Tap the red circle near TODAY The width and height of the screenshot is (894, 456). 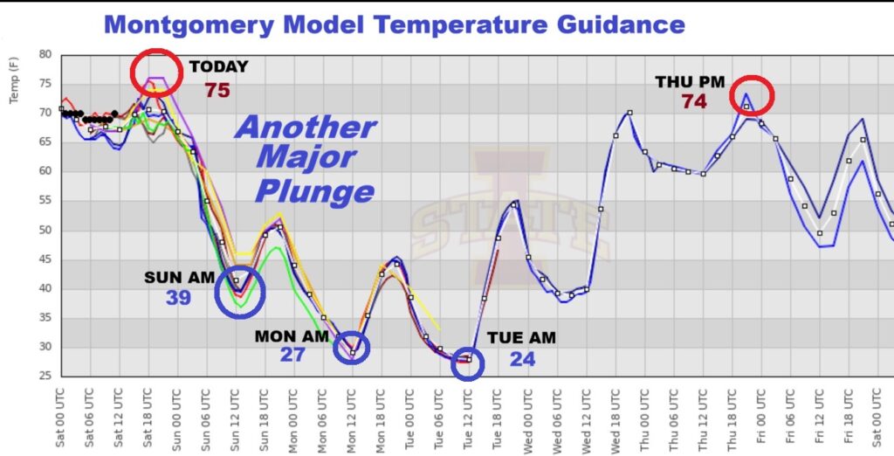(x=156, y=73)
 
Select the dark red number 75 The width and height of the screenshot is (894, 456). (x=218, y=90)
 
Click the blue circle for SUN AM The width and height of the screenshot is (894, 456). (x=240, y=294)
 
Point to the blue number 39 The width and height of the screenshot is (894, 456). (x=179, y=298)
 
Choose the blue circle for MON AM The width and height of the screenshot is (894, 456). (x=352, y=348)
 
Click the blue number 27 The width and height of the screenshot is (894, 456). (x=292, y=355)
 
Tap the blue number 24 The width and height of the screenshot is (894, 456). (x=522, y=359)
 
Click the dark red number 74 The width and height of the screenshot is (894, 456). (x=694, y=101)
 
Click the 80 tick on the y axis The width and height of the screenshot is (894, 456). (x=45, y=54)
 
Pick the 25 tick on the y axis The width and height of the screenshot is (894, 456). (x=45, y=376)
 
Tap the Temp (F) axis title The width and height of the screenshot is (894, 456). (x=15, y=82)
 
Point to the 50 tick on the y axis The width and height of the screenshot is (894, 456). (x=45, y=230)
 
